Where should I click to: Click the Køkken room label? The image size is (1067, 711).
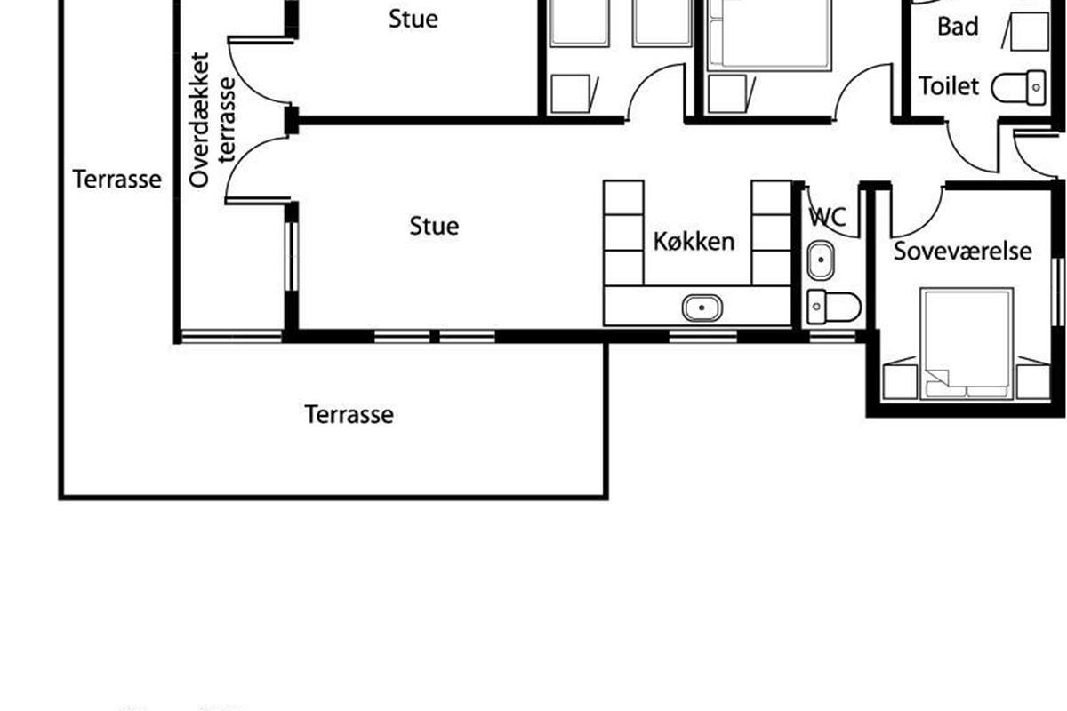(x=694, y=242)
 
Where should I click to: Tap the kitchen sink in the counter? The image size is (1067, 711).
(x=702, y=308)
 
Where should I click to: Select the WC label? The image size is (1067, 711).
(x=828, y=217)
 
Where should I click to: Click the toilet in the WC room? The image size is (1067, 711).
(x=834, y=307)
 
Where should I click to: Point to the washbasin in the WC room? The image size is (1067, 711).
(x=821, y=260)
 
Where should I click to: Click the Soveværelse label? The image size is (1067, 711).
(x=963, y=251)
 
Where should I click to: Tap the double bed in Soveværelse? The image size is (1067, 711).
(x=967, y=343)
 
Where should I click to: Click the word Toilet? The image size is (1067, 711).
(x=949, y=86)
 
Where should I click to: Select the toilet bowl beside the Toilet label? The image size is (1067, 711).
(x=1018, y=88)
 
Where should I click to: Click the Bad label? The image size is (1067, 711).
(x=958, y=26)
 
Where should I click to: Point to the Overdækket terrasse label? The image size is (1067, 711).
(x=213, y=120)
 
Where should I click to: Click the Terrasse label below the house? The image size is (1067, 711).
(x=349, y=414)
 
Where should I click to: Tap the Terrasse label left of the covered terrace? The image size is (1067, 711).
(x=117, y=180)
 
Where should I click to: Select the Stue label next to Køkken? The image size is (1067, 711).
(x=435, y=226)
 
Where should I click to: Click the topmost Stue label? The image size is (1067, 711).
(x=413, y=19)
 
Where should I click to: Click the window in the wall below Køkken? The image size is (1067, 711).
(x=703, y=336)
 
